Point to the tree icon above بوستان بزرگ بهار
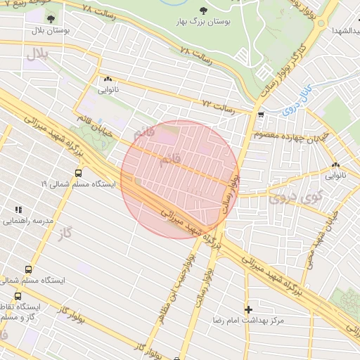pos(203,11)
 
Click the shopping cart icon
pos(261,114)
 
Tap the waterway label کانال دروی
pos(292,98)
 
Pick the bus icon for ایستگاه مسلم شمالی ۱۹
pos(77,172)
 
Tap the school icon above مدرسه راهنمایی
pos(19,210)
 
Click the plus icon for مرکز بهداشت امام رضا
pos(247,309)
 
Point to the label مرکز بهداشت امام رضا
pos(251,321)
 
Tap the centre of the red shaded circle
pos(179,179)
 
